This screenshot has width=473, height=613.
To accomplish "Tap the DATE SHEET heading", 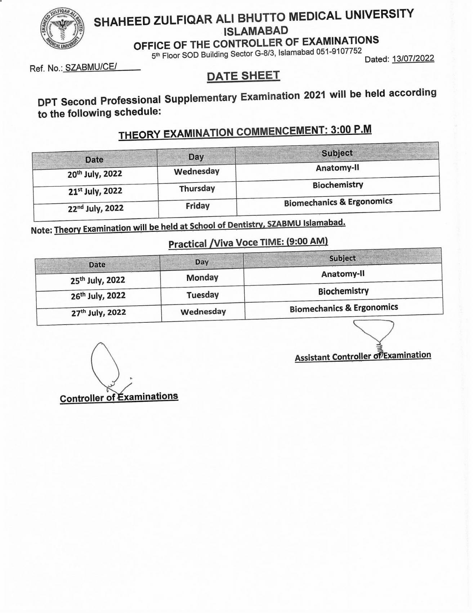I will pos(243,76).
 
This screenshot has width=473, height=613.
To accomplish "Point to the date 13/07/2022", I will pos(413,58).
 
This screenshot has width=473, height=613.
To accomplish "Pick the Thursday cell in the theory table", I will pos(197,189).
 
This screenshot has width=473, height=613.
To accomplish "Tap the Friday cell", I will pos(197,206).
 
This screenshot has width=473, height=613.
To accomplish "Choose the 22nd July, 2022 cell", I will pos(95,208).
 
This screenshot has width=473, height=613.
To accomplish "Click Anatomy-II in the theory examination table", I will pos(337,168).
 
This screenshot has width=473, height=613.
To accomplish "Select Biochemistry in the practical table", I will pos(343,291).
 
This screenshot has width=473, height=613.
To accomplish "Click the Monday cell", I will pos(202,278).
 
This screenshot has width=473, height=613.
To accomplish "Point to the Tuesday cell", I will pos(202,295).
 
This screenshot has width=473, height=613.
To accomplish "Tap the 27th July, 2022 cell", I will pos(98,313).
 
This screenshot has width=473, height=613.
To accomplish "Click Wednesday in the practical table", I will pos(203,312).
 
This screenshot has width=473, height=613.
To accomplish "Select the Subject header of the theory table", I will pos(337,153).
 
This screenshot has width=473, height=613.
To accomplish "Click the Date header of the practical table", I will pos(97,264).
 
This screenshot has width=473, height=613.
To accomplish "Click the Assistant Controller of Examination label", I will pos(362,356).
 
